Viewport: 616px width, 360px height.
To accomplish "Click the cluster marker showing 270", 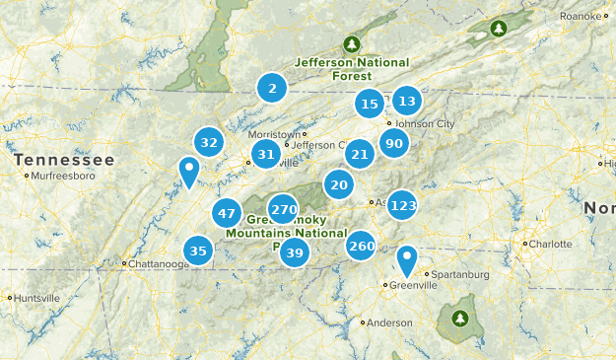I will point(283,209).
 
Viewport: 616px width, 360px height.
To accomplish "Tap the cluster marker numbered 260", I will point(362,246).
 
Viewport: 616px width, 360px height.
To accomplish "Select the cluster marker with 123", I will point(402,205).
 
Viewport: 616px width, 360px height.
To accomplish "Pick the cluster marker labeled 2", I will point(271,89).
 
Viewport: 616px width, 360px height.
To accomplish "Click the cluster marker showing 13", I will point(406,100).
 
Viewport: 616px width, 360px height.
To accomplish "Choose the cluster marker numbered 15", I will point(370,103).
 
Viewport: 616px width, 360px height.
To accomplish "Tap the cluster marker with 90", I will point(394,144).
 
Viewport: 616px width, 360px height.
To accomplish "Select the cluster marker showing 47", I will point(228,213).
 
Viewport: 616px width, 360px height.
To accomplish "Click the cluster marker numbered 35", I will point(198,251).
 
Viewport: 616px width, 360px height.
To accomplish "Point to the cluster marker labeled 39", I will point(294,253).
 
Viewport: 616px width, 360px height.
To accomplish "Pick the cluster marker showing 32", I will point(208,142).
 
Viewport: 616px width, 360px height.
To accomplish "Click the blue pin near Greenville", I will point(406,261).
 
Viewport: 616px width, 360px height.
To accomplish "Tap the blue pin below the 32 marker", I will point(187,173).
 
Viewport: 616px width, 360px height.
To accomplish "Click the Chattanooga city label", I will point(157,264).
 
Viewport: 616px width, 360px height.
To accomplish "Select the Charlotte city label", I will point(549,244).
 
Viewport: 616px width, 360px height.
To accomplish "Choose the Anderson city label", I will point(389,323).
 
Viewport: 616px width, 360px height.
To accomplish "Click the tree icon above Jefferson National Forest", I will point(351,43).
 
